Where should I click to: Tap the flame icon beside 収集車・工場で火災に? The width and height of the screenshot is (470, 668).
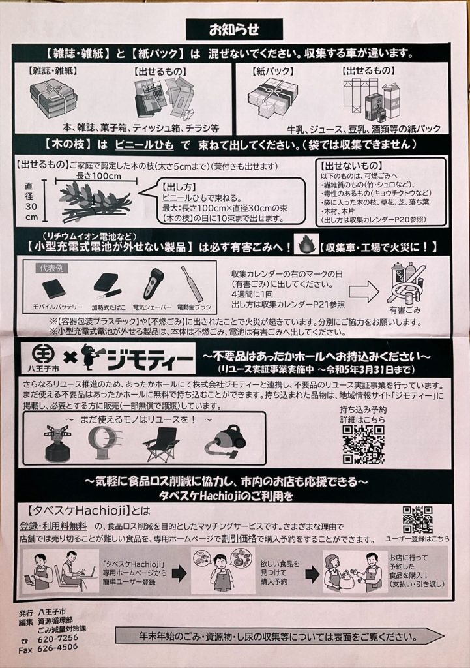[x=305, y=245]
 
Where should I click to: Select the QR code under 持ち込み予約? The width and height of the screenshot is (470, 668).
[x=363, y=444]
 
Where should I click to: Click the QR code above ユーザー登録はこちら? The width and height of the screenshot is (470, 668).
[x=418, y=519]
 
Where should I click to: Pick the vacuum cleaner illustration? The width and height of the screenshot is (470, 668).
[x=225, y=443]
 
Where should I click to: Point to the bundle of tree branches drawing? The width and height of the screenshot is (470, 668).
[x=94, y=201]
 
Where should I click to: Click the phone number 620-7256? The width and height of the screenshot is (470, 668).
[x=58, y=638]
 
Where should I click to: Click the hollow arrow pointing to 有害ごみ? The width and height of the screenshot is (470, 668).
[x=364, y=292]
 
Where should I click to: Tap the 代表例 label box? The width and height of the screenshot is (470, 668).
[x=51, y=268]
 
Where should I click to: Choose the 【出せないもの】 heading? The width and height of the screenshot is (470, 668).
[x=351, y=165]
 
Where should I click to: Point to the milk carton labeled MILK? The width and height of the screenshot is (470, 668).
[x=391, y=100]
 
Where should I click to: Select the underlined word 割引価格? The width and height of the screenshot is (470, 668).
[x=239, y=538]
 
